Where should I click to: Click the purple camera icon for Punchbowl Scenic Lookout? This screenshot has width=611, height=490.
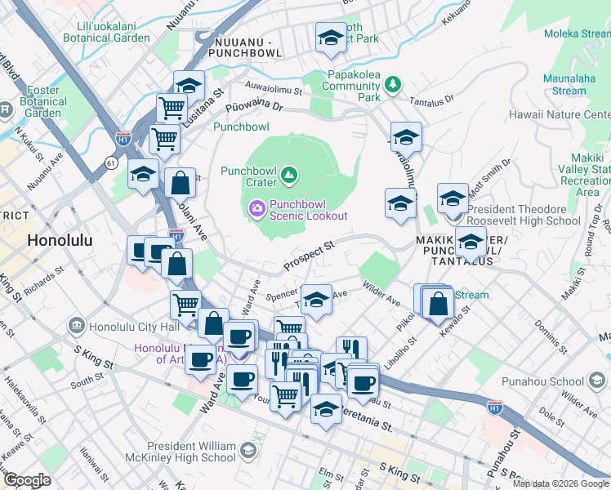(x=257, y=210)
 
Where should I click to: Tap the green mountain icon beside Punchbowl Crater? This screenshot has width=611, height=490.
(x=288, y=173)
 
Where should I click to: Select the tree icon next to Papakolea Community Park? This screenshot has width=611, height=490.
(x=393, y=83)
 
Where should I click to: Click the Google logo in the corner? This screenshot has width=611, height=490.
(x=26, y=480)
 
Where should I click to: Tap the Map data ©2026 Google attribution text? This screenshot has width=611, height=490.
(x=560, y=483)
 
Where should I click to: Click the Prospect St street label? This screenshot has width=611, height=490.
(x=309, y=256)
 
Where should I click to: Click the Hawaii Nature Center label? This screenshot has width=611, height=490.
(x=560, y=115)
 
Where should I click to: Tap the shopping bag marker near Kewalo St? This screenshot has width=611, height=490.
(x=439, y=304)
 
